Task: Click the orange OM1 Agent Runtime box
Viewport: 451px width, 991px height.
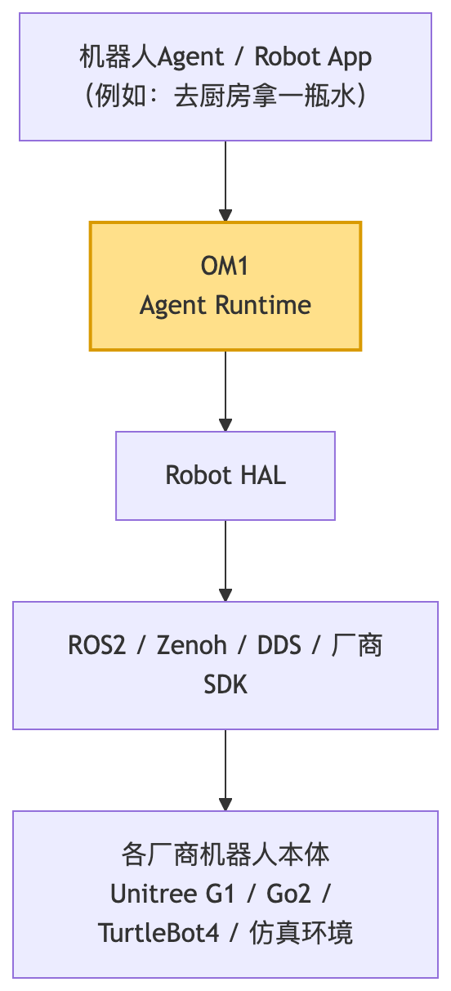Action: click(225, 286)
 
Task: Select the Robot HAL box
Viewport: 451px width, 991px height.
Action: click(225, 476)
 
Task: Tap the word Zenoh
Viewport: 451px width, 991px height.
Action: click(192, 645)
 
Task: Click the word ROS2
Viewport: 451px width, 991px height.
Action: click(97, 645)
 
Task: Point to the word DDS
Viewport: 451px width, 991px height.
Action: click(279, 645)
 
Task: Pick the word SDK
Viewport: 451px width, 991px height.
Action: click(225, 684)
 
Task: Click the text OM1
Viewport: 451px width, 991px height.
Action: click(225, 266)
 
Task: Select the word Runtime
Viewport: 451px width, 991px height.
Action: click(264, 305)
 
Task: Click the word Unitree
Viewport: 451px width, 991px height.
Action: click(154, 894)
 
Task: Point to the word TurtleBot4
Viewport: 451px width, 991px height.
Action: click(159, 933)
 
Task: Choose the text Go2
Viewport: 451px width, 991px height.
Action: click(288, 894)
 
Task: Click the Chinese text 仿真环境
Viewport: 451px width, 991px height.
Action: click(301, 933)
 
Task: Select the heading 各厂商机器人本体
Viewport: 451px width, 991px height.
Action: click(225, 854)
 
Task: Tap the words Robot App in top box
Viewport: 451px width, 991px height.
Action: click(313, 57)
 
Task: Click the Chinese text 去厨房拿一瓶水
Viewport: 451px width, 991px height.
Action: click(266, 96)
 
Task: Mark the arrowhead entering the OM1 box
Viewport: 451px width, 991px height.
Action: click(225, 216)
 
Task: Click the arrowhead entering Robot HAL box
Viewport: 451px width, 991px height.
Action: click(225, 425)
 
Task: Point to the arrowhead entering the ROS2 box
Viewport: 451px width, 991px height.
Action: click(225, 595)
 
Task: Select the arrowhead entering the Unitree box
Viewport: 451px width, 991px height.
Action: click(225, 805)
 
